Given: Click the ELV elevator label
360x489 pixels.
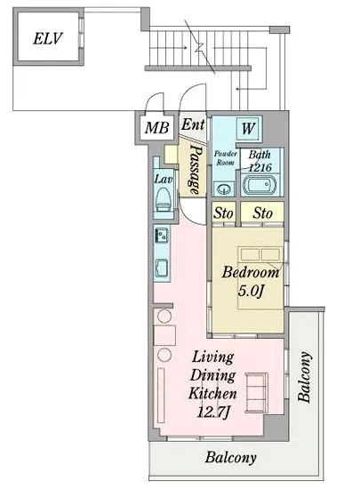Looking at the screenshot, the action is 47,38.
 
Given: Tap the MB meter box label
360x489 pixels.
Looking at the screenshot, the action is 156,127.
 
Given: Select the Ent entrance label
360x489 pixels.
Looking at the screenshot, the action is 193,124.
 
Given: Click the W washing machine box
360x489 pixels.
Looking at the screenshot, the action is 248,129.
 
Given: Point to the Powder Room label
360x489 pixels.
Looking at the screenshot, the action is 226,157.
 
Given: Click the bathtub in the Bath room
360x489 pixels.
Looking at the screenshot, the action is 260,185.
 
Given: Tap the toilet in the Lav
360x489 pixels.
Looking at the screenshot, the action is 164,198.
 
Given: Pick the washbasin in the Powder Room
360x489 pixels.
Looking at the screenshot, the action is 224,188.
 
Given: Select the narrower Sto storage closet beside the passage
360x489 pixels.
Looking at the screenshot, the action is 223,212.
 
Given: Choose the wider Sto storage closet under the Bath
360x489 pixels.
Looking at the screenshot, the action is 262,212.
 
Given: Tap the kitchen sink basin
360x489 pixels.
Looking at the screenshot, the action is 162,268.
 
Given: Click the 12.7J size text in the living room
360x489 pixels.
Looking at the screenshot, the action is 213,413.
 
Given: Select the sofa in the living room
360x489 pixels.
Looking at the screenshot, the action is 256,393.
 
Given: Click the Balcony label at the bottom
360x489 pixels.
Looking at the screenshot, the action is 230,458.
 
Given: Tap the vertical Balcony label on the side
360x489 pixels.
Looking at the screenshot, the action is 305,377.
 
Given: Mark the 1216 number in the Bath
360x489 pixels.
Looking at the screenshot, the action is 260,168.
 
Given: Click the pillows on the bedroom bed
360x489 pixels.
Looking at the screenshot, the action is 260,254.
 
